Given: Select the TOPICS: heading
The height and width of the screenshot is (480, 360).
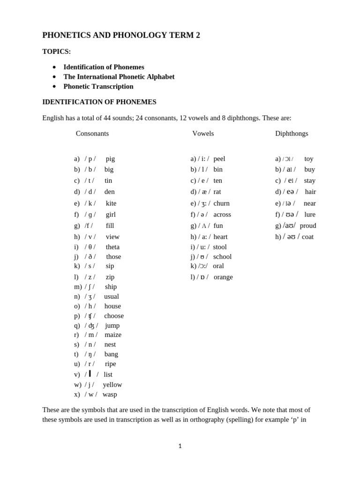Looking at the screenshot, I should click(x=57, y=52).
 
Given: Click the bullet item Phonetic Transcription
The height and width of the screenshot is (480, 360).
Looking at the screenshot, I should click(x=98, y=86).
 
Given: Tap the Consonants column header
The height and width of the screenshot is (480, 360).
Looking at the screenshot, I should click(x=92, y=134).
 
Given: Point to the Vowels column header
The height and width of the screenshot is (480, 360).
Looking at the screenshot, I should click(x=203, y=134).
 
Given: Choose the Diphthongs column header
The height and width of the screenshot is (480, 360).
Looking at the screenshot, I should click(x=292, y=134).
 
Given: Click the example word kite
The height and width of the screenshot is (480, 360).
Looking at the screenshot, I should click(x=111, y=203).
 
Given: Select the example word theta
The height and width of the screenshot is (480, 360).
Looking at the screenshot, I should click(x=112, y=247).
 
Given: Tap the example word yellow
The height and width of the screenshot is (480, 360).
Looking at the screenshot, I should click(x=112, y=385).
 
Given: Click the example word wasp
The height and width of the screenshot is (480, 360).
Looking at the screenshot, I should click(x=110, y=395).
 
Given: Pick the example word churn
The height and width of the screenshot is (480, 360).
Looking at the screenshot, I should click(x=221, y=203).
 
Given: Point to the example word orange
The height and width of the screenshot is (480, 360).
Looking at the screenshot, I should click(x=223, y=277).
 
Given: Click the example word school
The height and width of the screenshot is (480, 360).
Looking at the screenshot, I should click(x=222, y=257).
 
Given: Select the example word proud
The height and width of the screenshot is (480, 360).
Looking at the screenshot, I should click(x=308, y=226).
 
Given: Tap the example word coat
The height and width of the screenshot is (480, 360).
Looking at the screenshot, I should click(x=307, y=237).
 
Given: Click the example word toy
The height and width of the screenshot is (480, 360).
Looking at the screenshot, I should click(x=309, y=159).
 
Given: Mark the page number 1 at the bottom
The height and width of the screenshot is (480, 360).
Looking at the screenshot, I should click(x=180, y=446).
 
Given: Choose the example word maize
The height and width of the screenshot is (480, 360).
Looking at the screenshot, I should click(x=113, y=335).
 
